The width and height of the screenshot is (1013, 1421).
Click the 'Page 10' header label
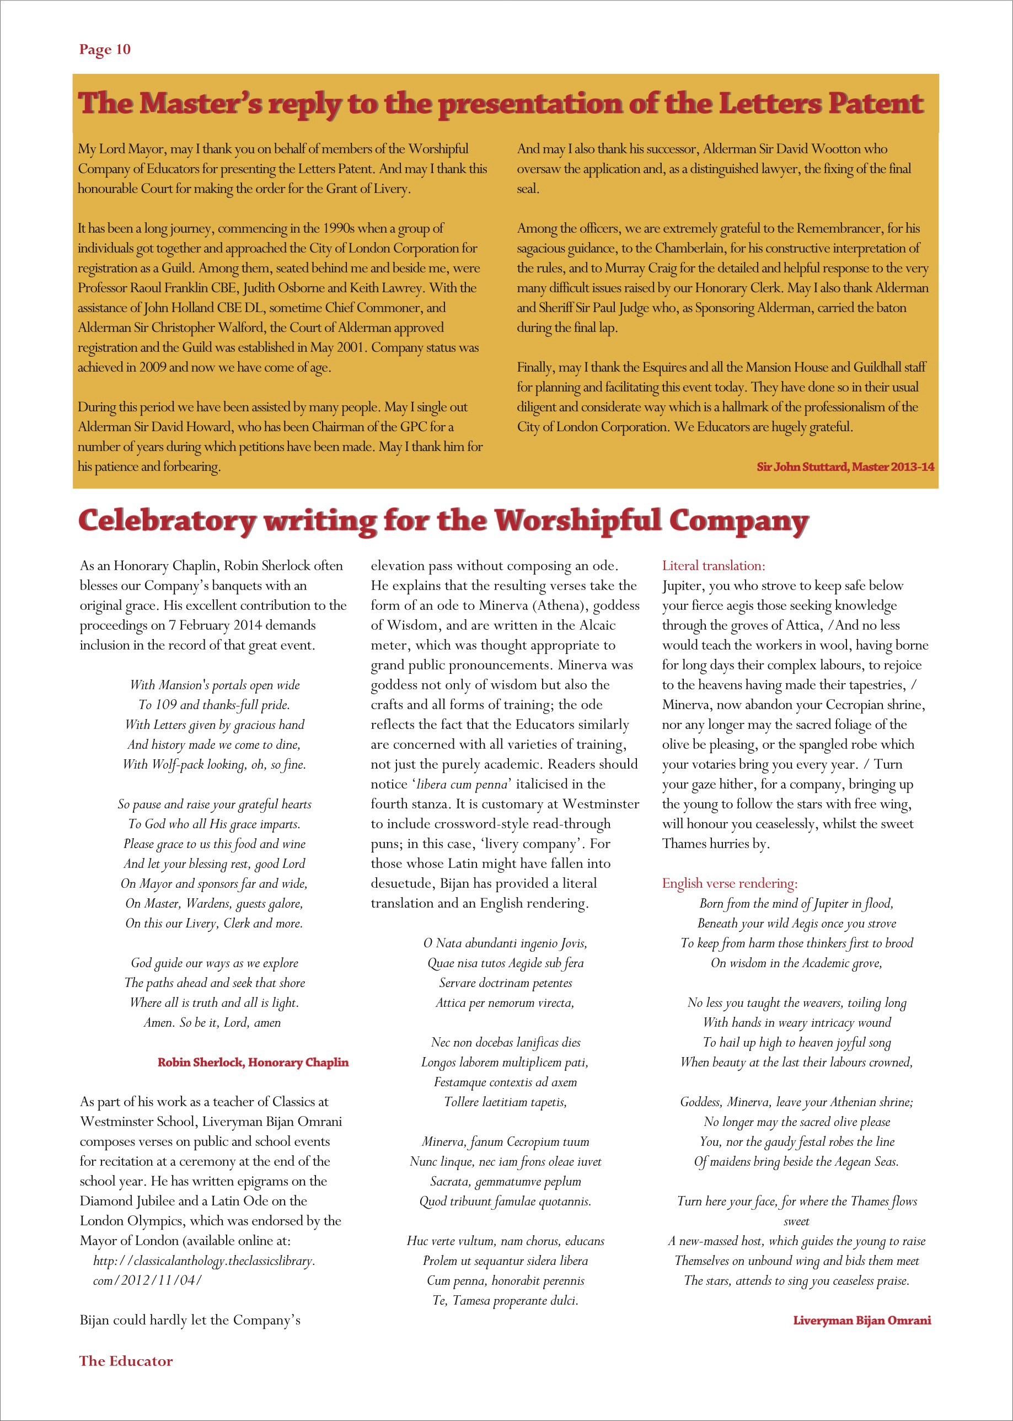coord(105,49)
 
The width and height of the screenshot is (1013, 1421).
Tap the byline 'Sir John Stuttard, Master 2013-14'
coord(845,466)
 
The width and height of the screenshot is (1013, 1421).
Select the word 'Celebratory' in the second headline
coord(167,521)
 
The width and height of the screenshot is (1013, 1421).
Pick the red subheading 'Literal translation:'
coord(714,566)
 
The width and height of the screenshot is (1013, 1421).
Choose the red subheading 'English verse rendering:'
coord(730,883)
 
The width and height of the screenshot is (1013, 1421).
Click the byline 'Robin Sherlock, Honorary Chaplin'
coord(253,1063)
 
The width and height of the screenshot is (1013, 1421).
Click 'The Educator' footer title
coord(126,1361)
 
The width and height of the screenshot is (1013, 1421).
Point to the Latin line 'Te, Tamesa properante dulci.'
coord(505,1301)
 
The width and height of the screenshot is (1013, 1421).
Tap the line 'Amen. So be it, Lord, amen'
coord(212,1022)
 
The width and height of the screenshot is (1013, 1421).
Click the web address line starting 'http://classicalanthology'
coord(204,1261)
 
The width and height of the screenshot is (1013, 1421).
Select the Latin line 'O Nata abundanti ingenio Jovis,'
coord(505,943)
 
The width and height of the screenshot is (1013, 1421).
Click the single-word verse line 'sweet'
coord(796,1221)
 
